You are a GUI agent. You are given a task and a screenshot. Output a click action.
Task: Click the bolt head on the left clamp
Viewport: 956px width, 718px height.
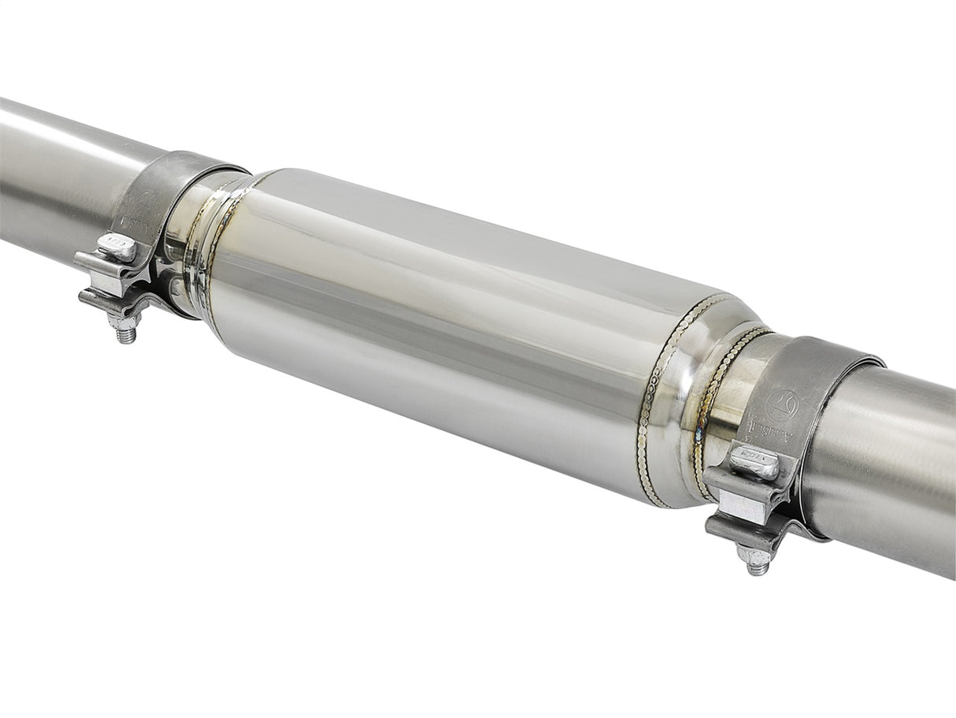click(117, 247)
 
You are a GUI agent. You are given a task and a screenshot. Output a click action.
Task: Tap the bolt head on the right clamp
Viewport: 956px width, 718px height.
click(754, 463)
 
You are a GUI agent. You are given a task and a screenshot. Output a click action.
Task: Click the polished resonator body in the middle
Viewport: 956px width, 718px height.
click(441, 331)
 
